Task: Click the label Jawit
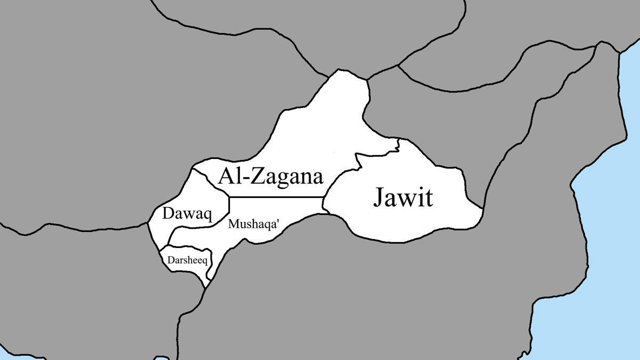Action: point(403,198)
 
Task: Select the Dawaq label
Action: point(187,214)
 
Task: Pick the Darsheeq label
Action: point(187,261)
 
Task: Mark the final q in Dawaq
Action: point(207,216)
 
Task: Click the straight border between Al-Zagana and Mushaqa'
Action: point(277,197)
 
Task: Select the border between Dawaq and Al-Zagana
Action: point(211,179)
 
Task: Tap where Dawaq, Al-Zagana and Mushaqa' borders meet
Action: point(229,197)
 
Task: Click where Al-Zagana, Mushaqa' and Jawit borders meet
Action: point(324,197)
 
